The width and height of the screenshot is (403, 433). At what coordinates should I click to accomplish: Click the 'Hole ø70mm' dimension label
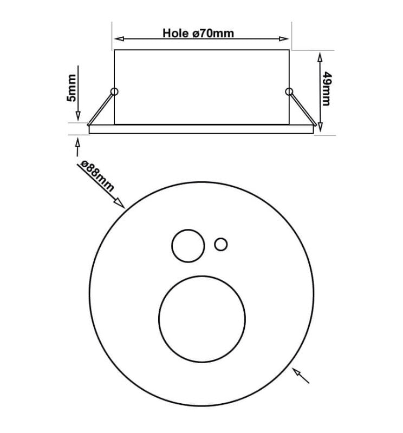198,33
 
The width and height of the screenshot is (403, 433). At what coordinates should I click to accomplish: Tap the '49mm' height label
327,89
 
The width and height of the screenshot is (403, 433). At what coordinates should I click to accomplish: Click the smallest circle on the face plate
220,245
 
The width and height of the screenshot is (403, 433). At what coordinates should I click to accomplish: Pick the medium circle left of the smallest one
188,246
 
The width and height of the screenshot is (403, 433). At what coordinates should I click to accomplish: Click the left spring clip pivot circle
114,90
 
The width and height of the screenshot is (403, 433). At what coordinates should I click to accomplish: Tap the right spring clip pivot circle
288,91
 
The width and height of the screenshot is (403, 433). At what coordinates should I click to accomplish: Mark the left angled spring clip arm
101,108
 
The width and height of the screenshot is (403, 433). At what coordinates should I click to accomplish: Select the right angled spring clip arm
301,108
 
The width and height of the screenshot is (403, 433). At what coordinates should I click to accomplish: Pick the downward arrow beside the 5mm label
78,115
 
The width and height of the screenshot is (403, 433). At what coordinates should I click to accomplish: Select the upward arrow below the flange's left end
78,143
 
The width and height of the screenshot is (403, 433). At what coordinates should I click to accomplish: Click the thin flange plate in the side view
201,129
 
